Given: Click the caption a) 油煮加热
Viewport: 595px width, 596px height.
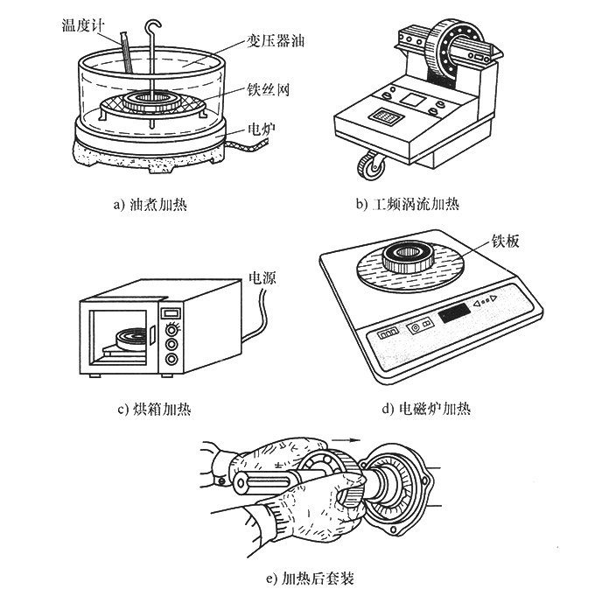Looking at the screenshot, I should pos(150,206).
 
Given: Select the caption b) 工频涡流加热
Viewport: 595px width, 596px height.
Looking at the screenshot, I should pos(408,206).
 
